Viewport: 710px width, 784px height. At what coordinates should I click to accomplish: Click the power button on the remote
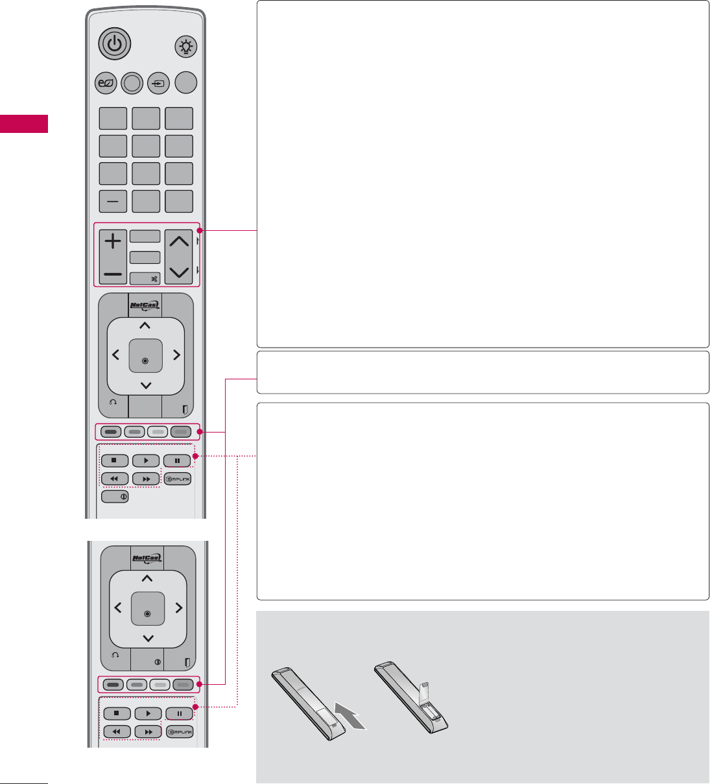pyautogui.click(x=115, y=44)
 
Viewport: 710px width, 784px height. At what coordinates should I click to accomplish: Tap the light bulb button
pyautogui.click(x=187, y=47)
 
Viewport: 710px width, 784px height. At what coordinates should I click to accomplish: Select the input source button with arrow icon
pyautogui.click(x=158, y=83)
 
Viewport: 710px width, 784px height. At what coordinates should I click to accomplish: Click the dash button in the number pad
pyautogui.click(x=113, y=201)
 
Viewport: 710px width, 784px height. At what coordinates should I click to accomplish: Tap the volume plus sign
pyautogui.click(x=113, y=242)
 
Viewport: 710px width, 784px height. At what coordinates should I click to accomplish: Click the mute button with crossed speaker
pyautogui.click(x=146, y=279)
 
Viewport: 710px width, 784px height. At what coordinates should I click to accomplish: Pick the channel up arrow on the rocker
pyautogui.click(x=179, y=242)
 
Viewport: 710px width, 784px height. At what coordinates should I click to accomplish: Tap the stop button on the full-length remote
pyautogui.click(x=115, y=461)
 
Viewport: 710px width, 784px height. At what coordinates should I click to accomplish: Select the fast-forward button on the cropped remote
pyautogui.click(x=148, y=731)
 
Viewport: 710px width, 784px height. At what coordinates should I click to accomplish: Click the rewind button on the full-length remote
pyautogui.click(x=115, y=479)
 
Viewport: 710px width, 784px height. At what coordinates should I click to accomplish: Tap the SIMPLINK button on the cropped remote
pyautogui.click(x=180, y=731)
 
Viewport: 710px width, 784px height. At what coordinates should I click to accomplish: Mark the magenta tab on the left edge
pyautogui.click(x=24, y=123)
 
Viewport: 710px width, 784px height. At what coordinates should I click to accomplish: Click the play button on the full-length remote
pyautogui.click(x=146, y=461)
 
